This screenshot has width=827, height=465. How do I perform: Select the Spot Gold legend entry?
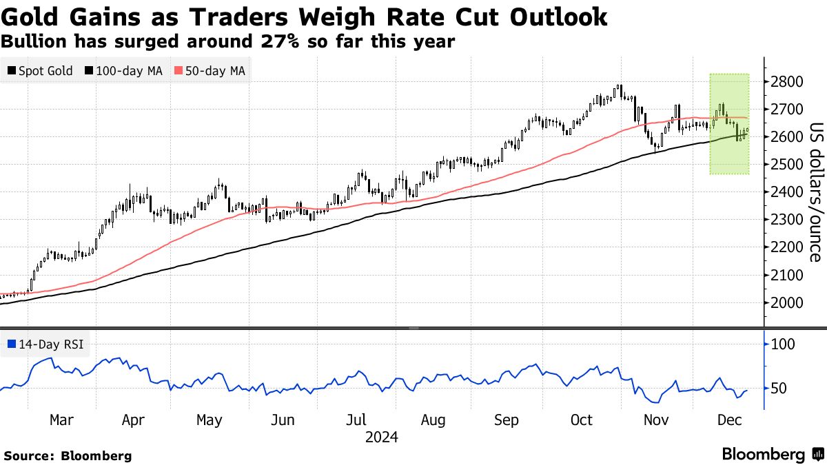(41, 71)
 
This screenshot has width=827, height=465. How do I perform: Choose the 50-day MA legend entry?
(210, 71)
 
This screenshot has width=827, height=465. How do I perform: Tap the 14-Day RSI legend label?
(45, 344)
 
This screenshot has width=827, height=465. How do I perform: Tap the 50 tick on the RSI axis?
(779, 389)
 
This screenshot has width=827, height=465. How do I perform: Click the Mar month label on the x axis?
(61, 420)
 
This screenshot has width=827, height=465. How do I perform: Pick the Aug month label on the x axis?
(433, 420)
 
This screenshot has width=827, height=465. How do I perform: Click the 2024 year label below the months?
(381, 437)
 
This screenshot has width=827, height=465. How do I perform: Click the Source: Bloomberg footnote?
(68, 455)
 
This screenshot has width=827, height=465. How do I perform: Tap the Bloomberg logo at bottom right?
(772, 455)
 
